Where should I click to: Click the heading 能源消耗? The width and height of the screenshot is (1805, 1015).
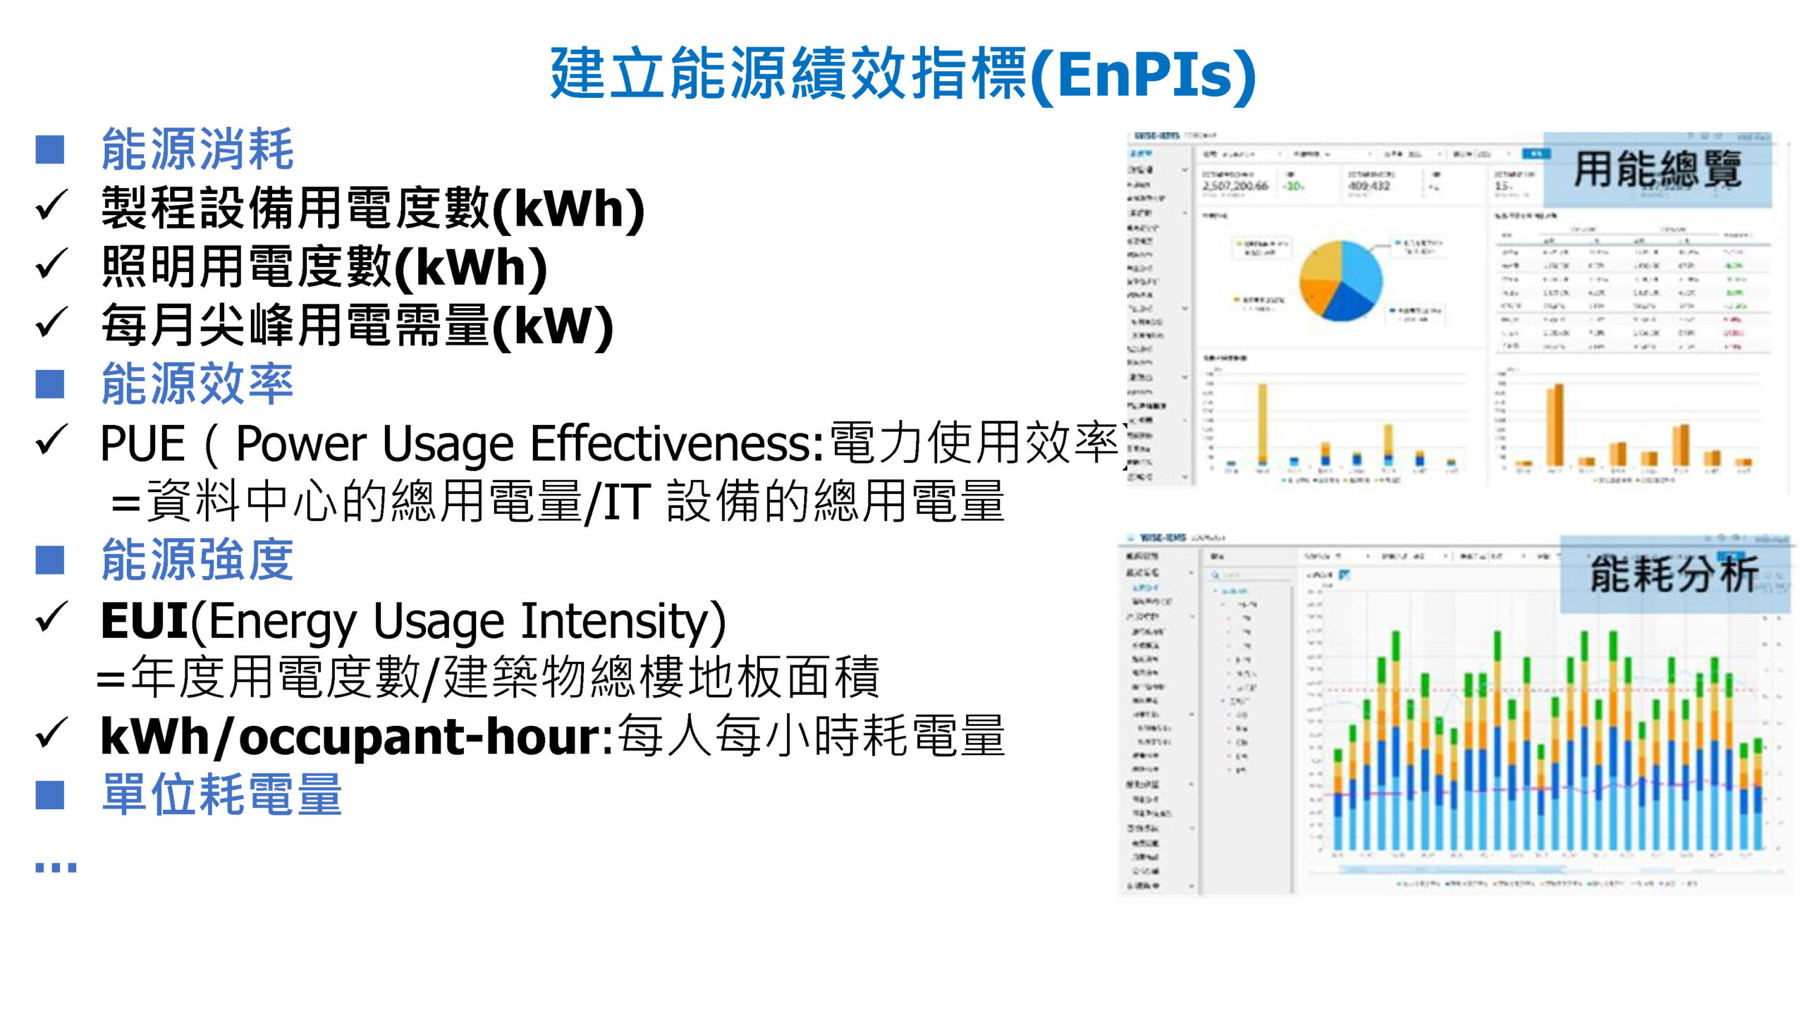(197, 149)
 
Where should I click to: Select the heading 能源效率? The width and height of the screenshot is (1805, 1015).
(197, 384)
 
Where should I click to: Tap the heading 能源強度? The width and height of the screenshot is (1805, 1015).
(197, 560)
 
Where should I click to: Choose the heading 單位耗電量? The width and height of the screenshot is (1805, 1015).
(221, 795)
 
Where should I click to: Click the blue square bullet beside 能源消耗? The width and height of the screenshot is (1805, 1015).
(50, 150)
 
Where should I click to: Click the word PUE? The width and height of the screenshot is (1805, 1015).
(142, 444)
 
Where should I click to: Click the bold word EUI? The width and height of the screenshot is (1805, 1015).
(144, 621)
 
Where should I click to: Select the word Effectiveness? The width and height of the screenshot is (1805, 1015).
(677, 444)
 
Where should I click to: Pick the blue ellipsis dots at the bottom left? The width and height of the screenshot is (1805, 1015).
(56, 867)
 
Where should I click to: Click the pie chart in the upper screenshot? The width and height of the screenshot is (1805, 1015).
(1340, 281)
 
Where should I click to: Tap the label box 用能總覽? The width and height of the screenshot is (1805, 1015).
(1657, 170)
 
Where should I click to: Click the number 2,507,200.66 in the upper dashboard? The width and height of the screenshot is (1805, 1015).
(1235, 186)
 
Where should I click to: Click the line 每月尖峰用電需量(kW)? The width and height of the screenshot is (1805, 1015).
(356, 326)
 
